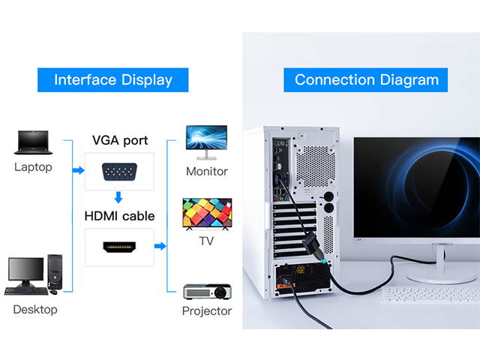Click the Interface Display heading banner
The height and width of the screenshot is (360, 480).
pyautogui.click(x=113, y=79)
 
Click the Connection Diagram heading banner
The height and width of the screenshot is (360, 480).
pyautogui.click(x=365, y=79)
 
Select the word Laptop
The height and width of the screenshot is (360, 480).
pyautogui.click(x=33, y=166)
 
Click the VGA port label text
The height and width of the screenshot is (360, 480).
pyautogui.click(x=120, y=140)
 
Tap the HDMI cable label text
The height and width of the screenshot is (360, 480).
pyautogui.click(x=120, y=216)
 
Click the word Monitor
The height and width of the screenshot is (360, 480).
pyautogui.click(x=206, y=171)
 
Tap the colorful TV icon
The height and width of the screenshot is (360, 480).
pyautogui.click(x=207, y=213)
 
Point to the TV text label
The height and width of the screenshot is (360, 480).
pyautogui.click(x=206, y=241)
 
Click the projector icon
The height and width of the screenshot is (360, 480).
pyautogui.click(x=207, y=290)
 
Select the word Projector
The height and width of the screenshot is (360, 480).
pyautogui.click(x=207, y=310)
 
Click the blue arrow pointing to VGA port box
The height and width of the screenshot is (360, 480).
pyautogui.click(x=78, y=171)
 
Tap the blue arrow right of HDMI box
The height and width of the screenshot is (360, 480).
pyautogui.click(x=160, y=246)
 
